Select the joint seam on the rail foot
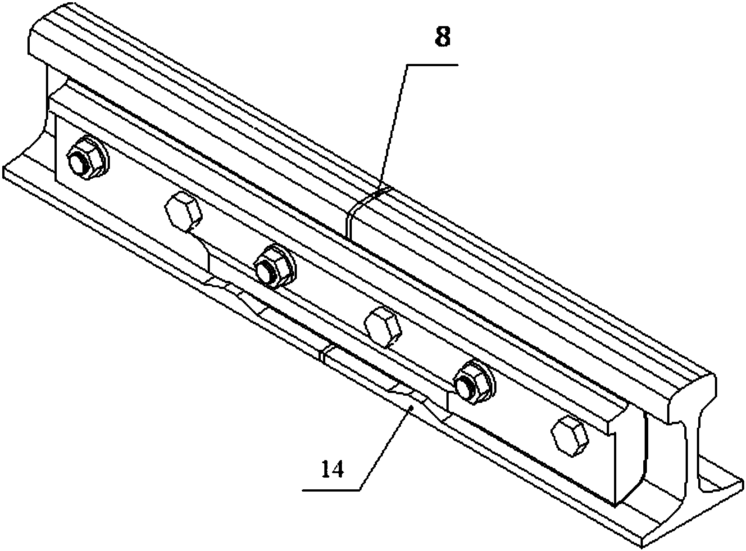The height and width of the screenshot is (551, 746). coord(323,356)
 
